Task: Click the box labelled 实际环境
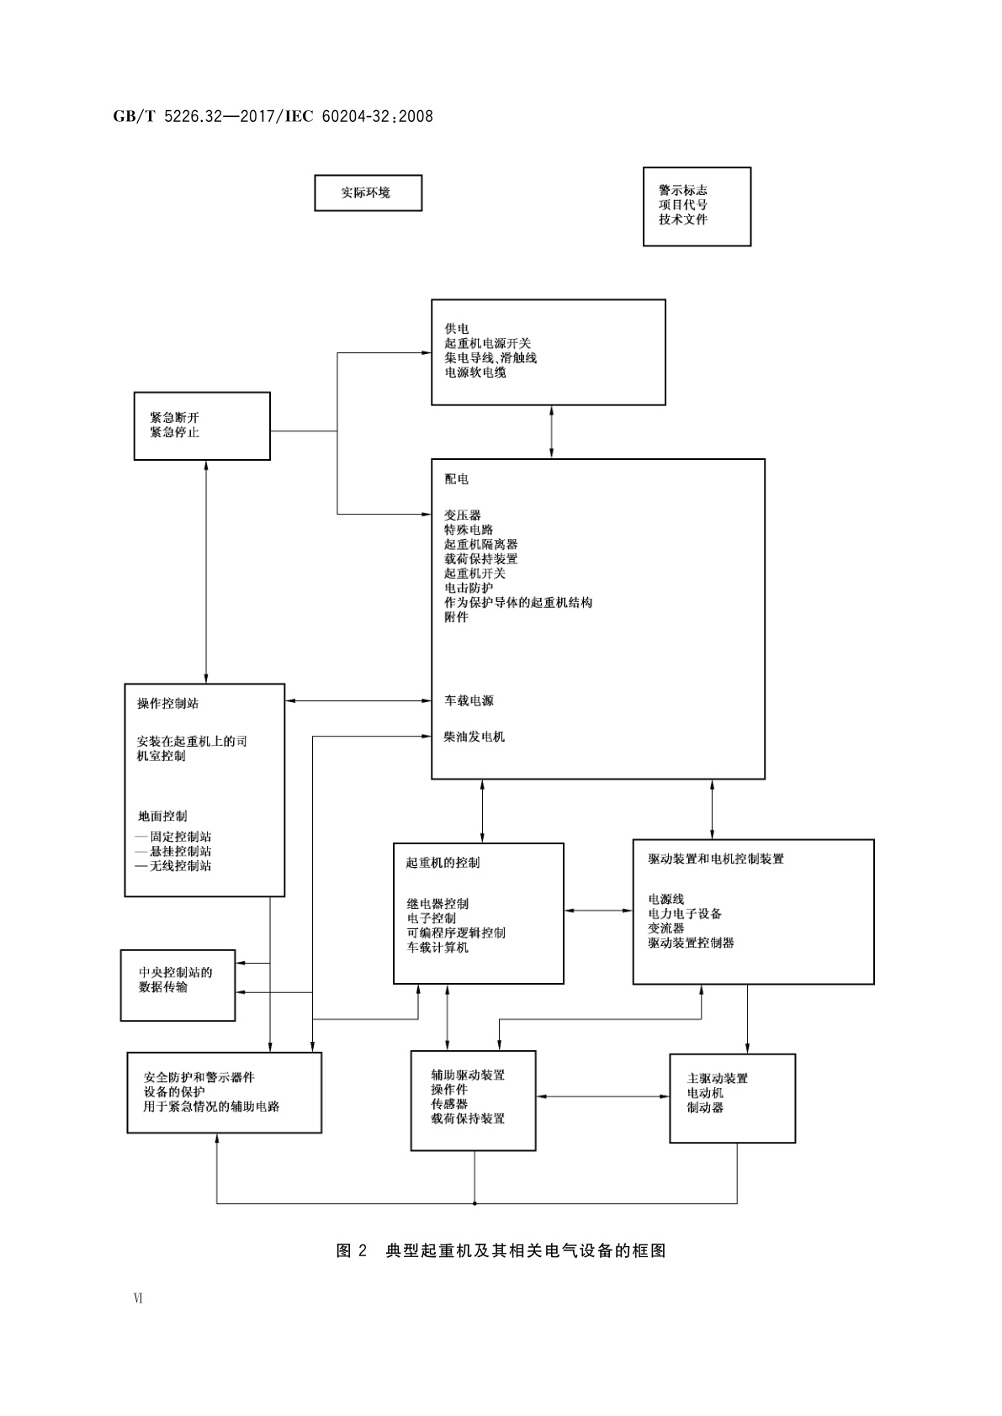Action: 368,193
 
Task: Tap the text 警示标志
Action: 682,190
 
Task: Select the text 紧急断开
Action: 174,418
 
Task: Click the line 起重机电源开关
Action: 487,343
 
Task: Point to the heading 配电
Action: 456,478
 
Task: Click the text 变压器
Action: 462,515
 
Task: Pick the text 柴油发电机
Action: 474,737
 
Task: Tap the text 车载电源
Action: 469,700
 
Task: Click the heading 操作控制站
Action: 167,704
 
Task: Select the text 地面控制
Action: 162,816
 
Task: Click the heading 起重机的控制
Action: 443,863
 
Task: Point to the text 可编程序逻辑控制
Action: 456,933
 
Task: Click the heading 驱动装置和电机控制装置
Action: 715,859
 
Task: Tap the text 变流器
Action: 665,928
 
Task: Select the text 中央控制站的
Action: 175,973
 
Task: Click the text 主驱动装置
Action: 717,1079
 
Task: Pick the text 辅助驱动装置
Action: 468,1075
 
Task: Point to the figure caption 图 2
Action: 352,1251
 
